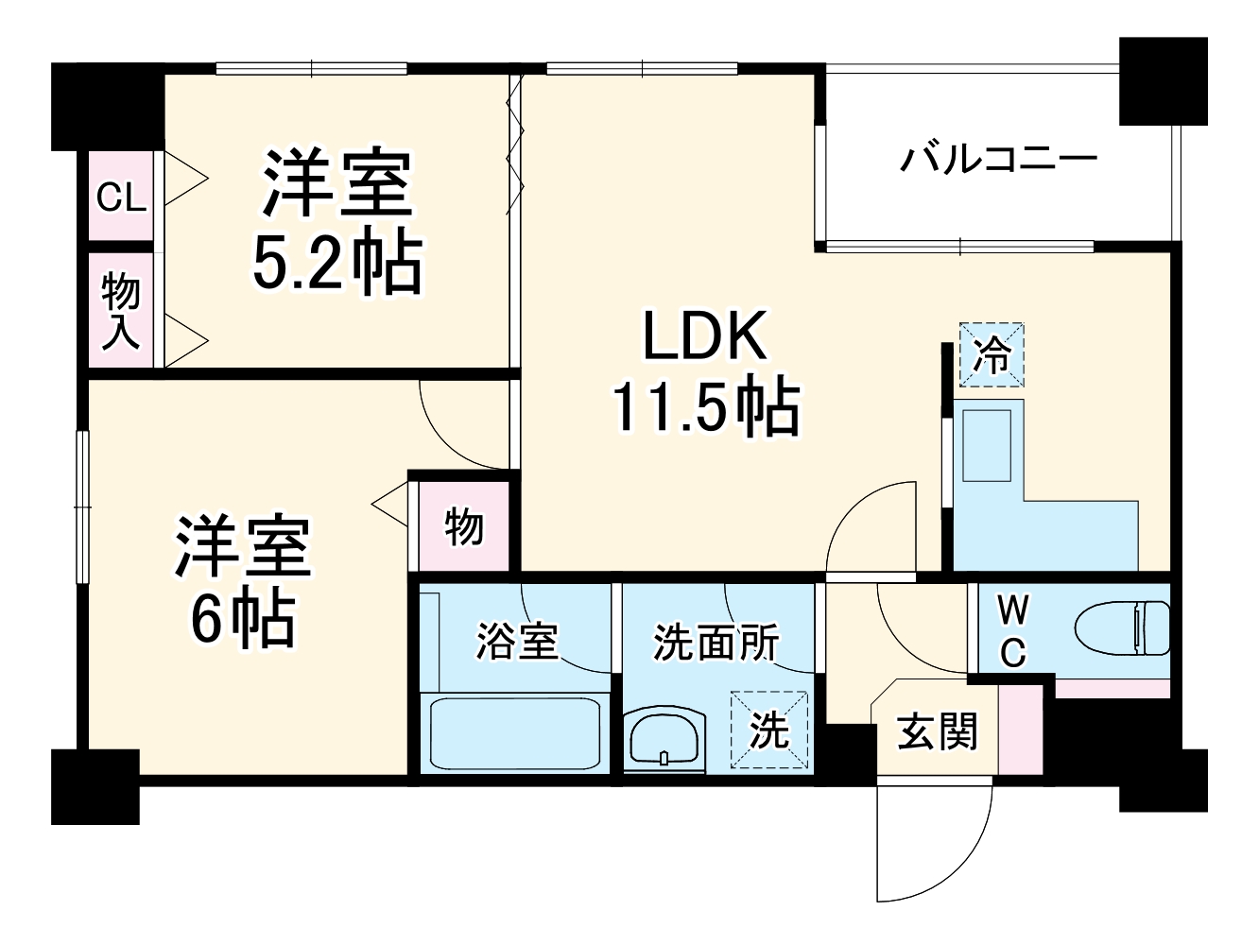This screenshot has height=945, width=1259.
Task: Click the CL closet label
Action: coord(122,198)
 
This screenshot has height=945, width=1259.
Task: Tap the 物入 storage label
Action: coord(121,310)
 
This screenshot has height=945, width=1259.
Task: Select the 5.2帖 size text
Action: coord(336,264)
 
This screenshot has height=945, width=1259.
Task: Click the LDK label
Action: coord(704,335)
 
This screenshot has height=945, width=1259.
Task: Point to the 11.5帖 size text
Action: coord(705,407)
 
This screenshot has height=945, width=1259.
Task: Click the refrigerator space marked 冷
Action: coord(992,355)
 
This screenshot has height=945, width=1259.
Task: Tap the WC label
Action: coord(1012,630)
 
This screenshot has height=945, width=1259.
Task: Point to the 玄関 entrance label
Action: coord(937,731)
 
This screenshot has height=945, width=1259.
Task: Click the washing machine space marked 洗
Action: coord(768,730)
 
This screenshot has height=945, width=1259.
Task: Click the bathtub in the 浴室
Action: coord(515,733)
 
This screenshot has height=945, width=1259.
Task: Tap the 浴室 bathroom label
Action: coord(516,642)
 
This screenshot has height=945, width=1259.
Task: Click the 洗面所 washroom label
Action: coord(716,643)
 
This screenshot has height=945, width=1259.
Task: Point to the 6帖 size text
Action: coord(242,618)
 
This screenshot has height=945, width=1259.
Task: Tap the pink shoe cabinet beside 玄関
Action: coord(1019,729)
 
